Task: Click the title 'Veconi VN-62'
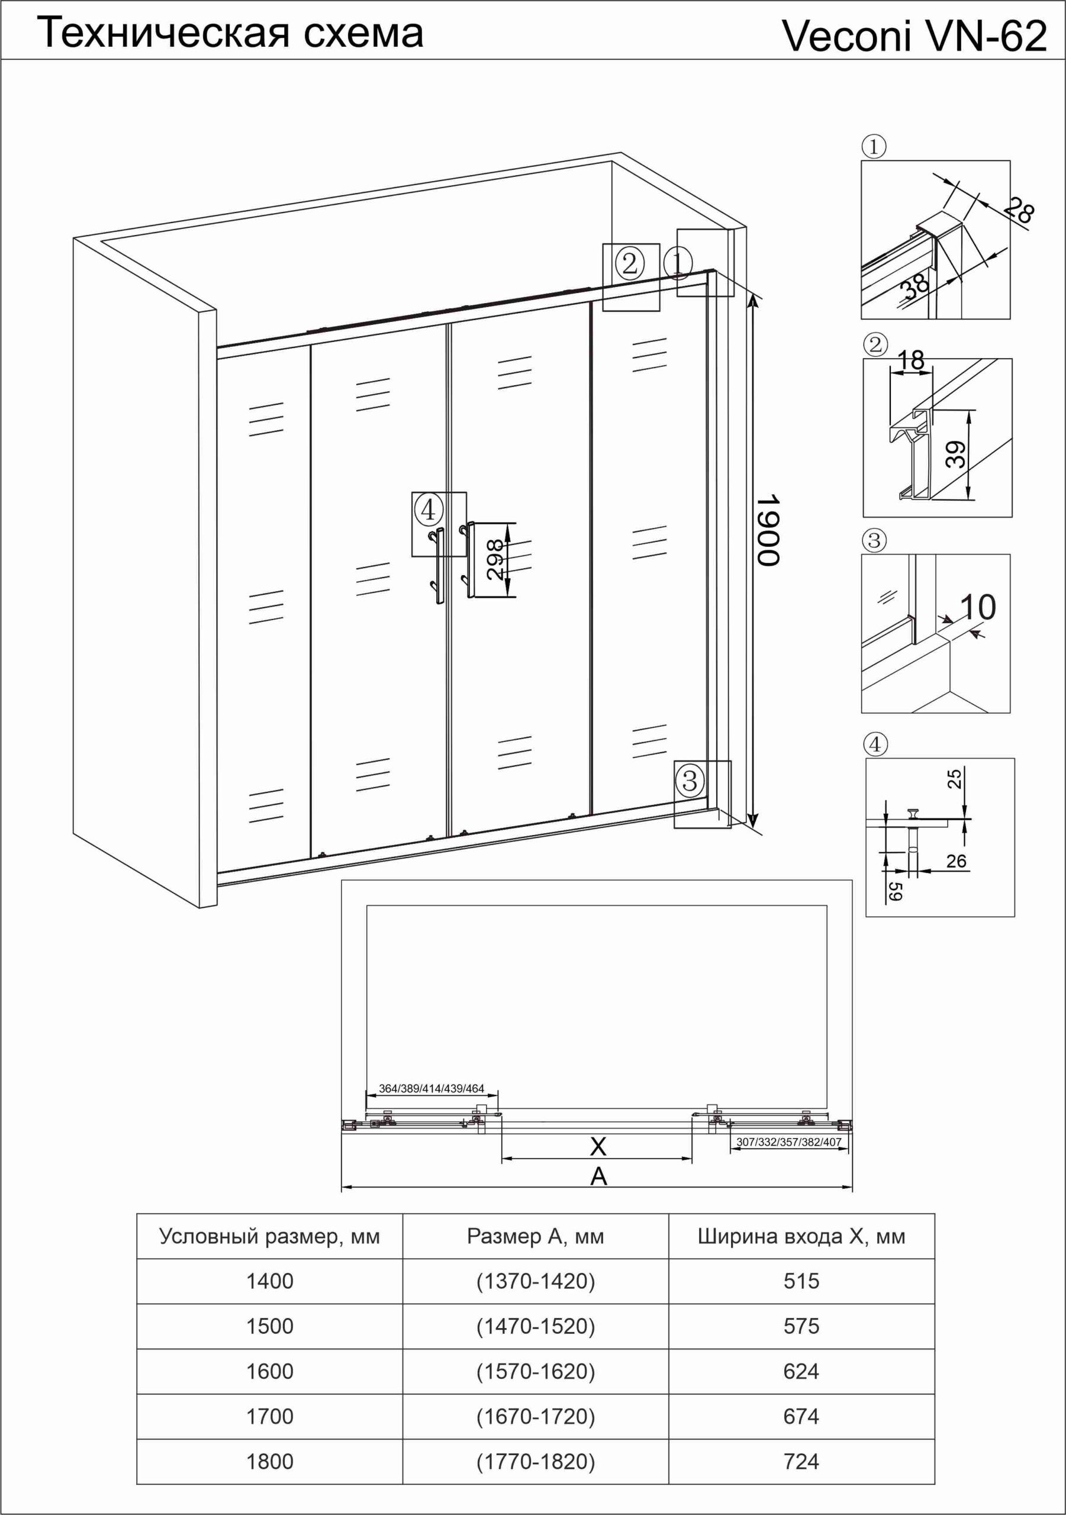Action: pos(914,36)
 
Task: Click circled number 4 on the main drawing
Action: pos(428,510)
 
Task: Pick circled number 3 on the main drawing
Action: pos(690,781)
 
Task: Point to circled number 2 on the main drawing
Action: pos(629,263)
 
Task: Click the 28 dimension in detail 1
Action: pos(1019,210)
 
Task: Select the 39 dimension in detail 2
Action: pos(956,454)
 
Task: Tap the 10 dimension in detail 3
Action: pos(978,607)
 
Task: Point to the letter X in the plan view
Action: pos(597,1146)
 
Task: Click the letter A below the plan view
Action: pos(598,1176)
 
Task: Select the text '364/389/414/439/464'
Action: pos(431,1088)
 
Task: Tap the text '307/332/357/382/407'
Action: pos(789,1142)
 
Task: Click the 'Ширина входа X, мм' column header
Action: pos(801,1236)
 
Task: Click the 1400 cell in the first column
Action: pos(270,1281)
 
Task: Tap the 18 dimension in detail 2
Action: pos(911,360)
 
